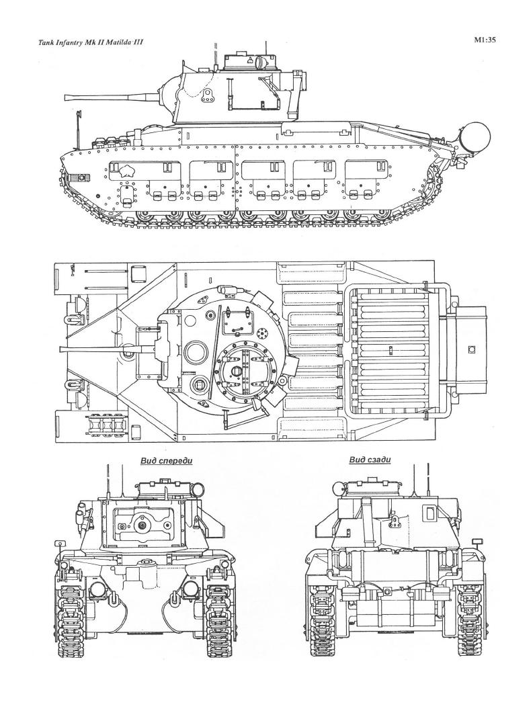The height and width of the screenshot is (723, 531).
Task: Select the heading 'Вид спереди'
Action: tap(167, 461)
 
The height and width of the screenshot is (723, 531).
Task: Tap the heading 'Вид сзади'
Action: tap(370, 460)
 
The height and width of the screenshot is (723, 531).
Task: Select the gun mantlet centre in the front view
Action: tap(142, 523)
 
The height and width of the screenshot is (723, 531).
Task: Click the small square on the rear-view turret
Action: tap(430, 514)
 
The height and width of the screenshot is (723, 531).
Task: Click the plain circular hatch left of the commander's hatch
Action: tap(196, 350)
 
